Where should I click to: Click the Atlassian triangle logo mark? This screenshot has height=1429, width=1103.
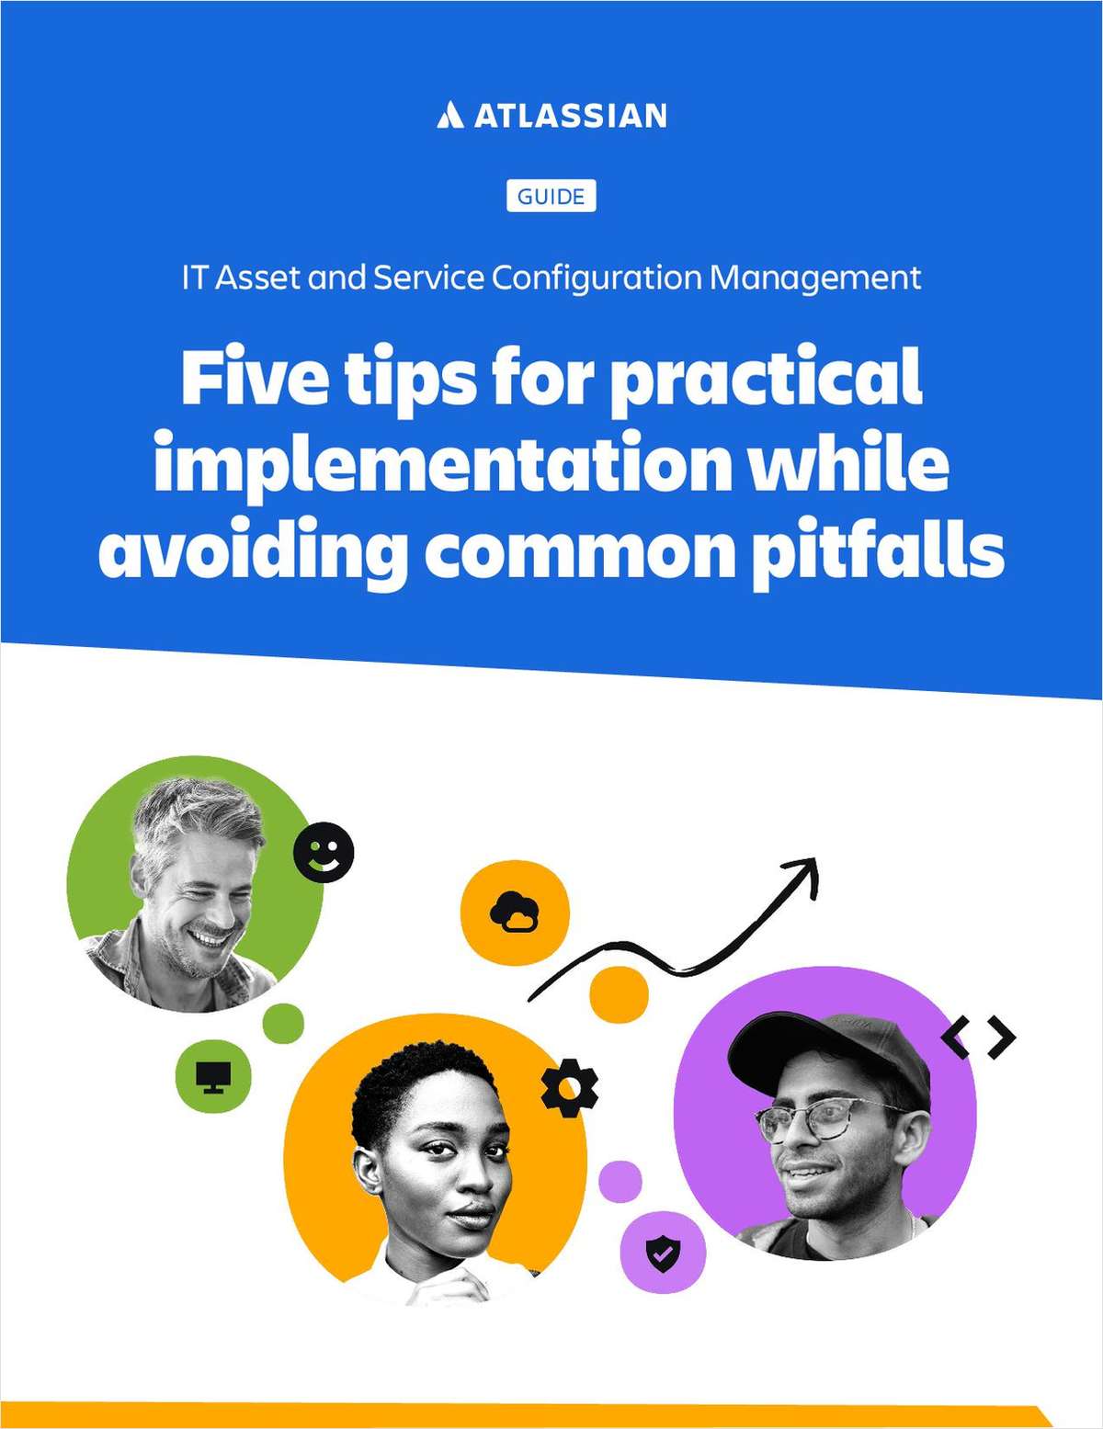pyautogui.click(x=449, y=116)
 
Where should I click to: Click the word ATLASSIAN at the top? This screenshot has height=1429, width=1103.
pyautogui.click(x=570, y=116)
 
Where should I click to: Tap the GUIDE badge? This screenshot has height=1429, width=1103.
pyautogui.click(x=551, y=197)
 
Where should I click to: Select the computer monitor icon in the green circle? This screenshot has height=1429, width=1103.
pyautogui.click(x=212, y=1075)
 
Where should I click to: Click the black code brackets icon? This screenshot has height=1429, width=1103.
pyautogui.click(x=979, y=1038)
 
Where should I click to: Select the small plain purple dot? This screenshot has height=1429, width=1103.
pyautogui.click(x=620, y=1182)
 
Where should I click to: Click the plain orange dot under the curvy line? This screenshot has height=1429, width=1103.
pyautogui.click(x=619, y=993)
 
